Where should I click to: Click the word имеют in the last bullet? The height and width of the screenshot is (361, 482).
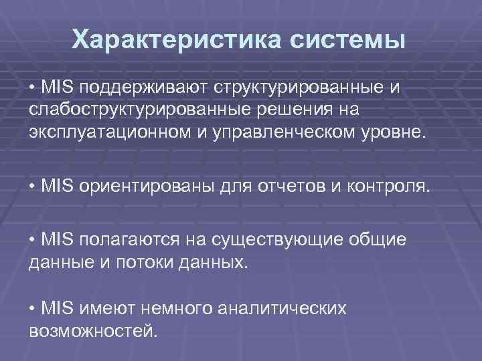click(102, 309)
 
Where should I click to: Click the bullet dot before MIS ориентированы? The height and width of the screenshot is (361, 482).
click(33, 184)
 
